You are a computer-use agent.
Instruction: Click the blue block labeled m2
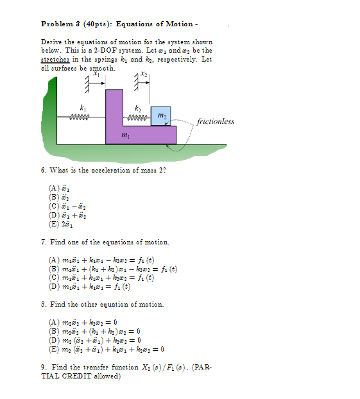[161, 115]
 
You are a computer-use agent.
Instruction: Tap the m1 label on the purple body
[125, 137]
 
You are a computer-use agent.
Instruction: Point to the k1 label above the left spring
[81, 106]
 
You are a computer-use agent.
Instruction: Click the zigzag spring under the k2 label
[138, 117]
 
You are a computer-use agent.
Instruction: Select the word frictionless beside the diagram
[216, 121]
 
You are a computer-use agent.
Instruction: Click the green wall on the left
[49, 115]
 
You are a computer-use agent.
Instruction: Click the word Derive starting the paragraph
[51, 42]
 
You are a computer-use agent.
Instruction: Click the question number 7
[42, 242]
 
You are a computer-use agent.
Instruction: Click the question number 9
[42, 367]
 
